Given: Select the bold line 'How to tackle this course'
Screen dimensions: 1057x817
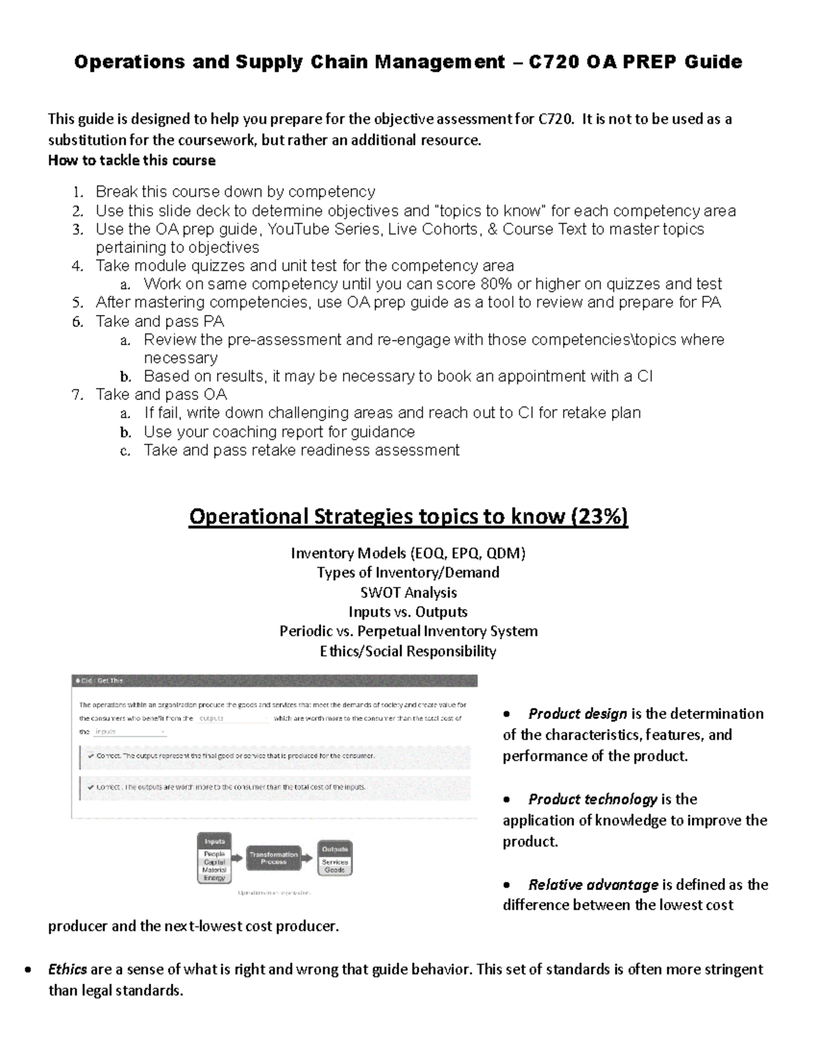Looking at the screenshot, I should click(x=131, y=161).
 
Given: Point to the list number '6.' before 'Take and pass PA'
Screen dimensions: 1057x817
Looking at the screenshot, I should click(x=77, y=321).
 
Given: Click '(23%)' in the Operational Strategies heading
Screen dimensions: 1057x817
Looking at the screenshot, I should click(x=599, y=517).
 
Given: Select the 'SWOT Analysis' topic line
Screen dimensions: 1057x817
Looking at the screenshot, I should click(x=408, y=593).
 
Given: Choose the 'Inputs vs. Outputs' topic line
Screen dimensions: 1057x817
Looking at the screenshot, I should click(x=408, y=612).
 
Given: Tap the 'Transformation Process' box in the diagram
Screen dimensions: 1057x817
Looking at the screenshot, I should click(x=273, y=858).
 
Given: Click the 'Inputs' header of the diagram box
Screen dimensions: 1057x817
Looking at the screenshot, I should click(x=214, y=841).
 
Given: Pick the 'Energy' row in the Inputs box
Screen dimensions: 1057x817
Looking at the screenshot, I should click(x=214, y=878).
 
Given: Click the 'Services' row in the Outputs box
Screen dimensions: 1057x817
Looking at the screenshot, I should click(x=335, y=862).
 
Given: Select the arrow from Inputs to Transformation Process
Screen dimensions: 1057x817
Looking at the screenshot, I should click(x=236, y=858).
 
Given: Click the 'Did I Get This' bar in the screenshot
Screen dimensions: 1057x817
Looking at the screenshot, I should click(x=274, y=681).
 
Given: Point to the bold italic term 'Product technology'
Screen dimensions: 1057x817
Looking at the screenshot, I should click(x=592, y=799).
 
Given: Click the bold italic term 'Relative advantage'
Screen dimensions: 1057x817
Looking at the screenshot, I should click(x=593, y=885).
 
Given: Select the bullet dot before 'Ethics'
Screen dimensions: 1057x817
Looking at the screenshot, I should click(x=28, y=970).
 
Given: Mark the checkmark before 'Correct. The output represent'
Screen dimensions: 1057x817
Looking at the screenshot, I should click(x=90, y=755).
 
